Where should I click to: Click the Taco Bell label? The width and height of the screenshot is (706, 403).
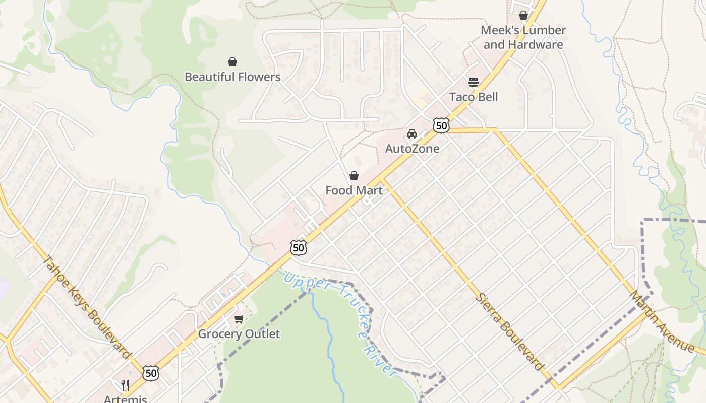click(x=473, y=97)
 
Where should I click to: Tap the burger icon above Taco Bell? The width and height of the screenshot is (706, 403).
click(x=473, y=82)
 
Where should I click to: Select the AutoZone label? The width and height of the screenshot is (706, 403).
click(x=412, y=149)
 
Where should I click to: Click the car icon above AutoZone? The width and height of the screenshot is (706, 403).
click(x=412, y=134)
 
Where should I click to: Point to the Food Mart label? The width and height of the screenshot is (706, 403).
click(x=354, y=190)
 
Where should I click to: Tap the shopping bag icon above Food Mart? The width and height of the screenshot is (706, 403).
click(x=354, y=176)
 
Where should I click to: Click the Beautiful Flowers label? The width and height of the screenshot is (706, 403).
click(x=232, y=77)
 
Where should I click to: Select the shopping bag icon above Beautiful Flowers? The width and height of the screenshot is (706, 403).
click(x=232, y=62)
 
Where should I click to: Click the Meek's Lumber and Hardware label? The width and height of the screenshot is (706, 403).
click(x=523, y=37)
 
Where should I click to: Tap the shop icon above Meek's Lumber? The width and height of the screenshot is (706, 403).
click(x=523, y=16)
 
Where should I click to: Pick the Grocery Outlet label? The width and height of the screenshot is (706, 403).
click(x=239, y=334)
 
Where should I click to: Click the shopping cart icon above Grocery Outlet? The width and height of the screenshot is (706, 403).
click(x=239, y=319)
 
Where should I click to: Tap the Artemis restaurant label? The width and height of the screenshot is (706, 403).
click(x=125, y=399)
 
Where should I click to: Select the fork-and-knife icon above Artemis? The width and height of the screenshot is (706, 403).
click(x=125, y=385)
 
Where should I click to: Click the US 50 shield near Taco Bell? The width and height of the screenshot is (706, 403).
click(x=441, y=125)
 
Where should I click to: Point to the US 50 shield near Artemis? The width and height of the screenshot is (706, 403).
click(x=150, y=373)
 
